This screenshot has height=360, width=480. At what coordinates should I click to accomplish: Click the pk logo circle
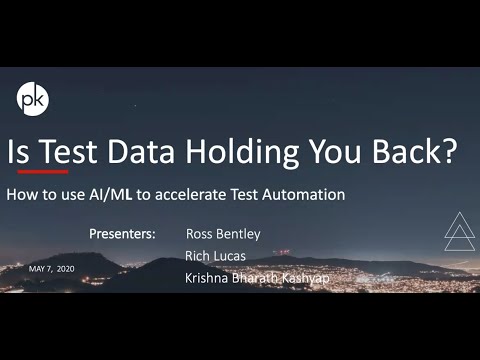point(34,100)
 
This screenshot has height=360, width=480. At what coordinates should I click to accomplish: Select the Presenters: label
point(122,234)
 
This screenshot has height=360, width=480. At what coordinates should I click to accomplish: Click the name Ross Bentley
point(223,234)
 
